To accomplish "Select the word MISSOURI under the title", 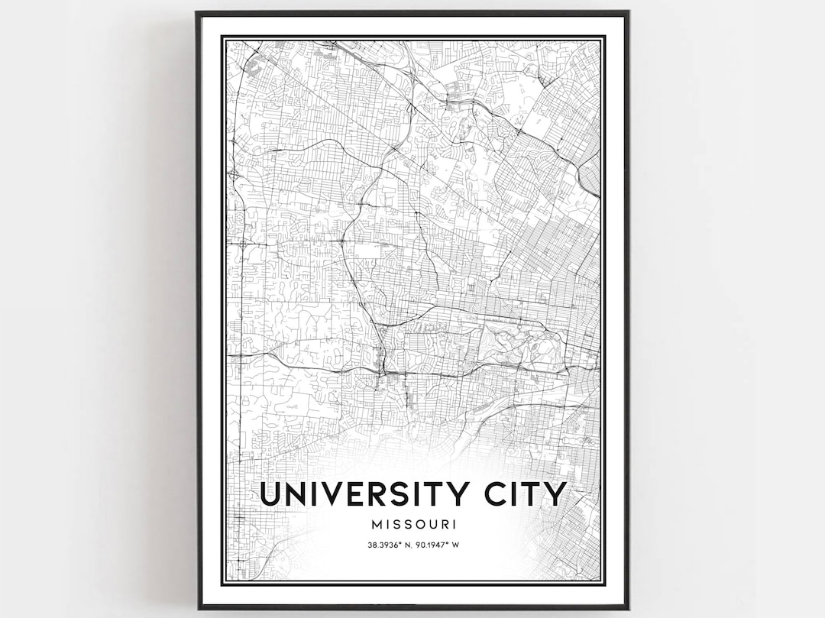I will click(412, 525).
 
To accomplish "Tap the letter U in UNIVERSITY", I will click(270, 494).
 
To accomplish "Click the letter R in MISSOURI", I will click(443, 525).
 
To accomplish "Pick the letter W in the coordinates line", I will click(455, 545).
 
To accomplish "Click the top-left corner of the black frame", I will click(197, 12).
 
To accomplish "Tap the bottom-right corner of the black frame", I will click(628, 608).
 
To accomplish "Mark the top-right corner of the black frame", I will click(628, 12).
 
